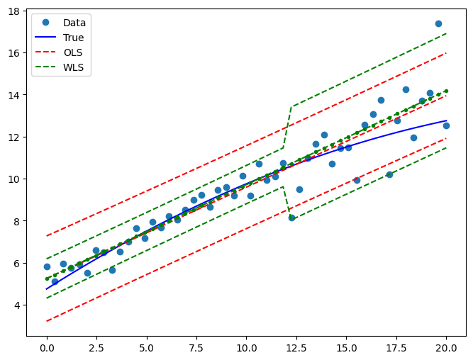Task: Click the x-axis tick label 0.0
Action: click(47, 348)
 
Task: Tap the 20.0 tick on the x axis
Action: click(446, 348)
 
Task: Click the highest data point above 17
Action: click(438, 23)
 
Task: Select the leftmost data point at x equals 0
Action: click(47, 266)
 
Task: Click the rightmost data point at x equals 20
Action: click(446, 125)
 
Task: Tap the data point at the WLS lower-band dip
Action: click(291, 218)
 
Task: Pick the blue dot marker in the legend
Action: click(46, 23)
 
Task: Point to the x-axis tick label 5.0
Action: click(147, 348)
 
